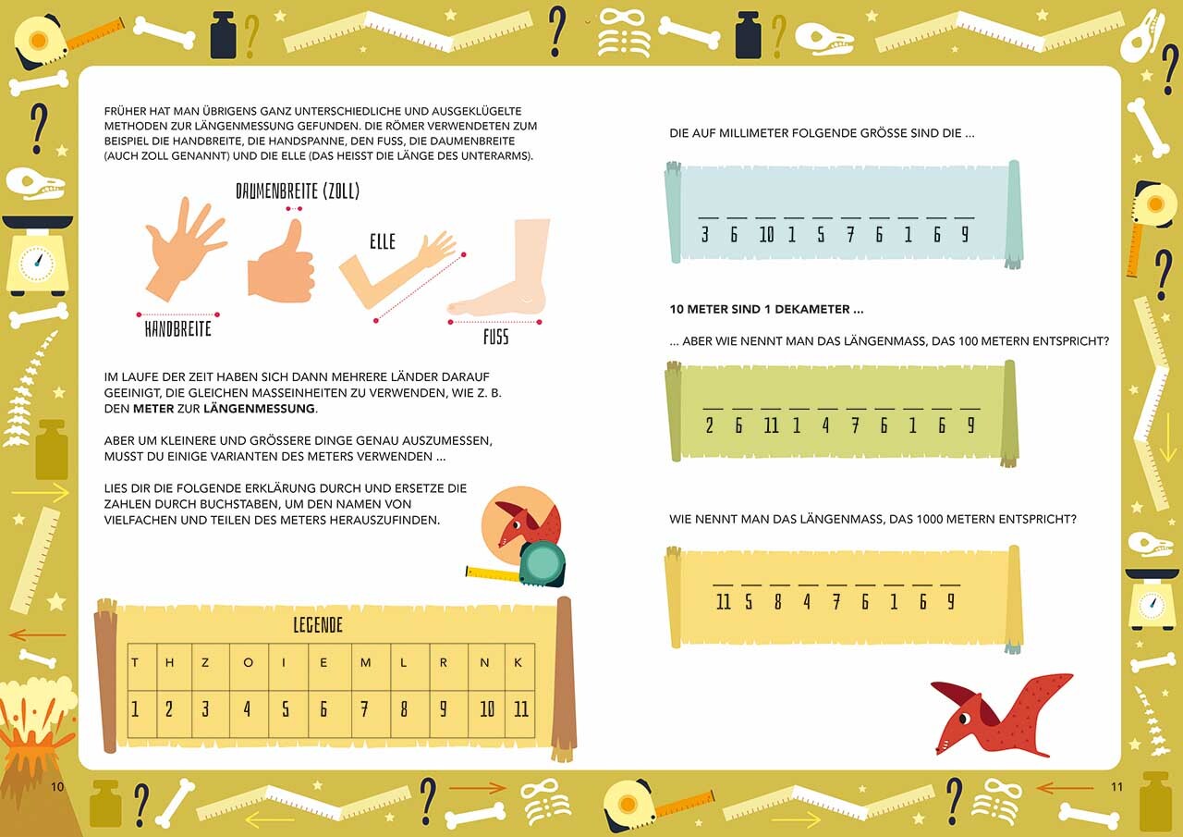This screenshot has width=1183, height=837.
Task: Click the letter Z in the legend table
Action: click(x=205, y=662)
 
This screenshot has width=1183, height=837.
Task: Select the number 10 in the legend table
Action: click(x=487, y=708)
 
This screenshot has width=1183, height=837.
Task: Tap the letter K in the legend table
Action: click(x=518, y=662)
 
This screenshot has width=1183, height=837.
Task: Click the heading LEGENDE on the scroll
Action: click(x=318, y=625)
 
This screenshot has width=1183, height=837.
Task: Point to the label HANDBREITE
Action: click(x=178, y=328)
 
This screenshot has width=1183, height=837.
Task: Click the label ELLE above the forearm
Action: click(x=383, y=241)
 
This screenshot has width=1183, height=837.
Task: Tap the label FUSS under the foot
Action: click(x=496, y=337)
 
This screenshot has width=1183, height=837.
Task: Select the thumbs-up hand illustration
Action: click(x=282, y=264)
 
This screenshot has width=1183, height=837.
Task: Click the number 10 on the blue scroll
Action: click(x=766, y=234)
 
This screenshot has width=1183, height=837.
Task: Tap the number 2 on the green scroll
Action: click(x=709, y=425)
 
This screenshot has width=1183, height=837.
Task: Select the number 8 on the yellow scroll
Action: click(x=777, y=601)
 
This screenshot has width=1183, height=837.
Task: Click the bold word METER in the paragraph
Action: click(x=153, y=409)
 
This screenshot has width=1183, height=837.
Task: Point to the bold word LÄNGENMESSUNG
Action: click(x=259, y=409)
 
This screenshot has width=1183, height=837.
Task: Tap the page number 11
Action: click(x=1116, y=787)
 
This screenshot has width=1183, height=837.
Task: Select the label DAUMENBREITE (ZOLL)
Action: click(x=298, y=191)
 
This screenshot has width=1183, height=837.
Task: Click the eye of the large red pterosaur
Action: click(x=963, y=719)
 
